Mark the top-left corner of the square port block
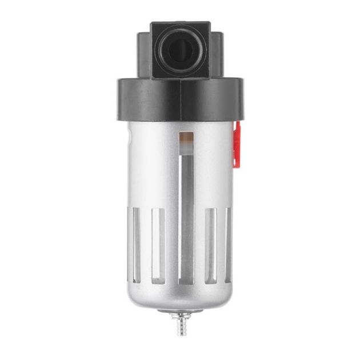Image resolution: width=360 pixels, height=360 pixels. tap(152, 24)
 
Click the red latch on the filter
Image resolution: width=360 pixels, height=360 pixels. tap(236, 147)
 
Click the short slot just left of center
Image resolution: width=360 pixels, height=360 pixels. tap(158, 246)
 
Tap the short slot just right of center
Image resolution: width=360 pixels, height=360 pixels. tap(210, 246)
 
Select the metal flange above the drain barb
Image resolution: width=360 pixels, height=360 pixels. tap(181, 314)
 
